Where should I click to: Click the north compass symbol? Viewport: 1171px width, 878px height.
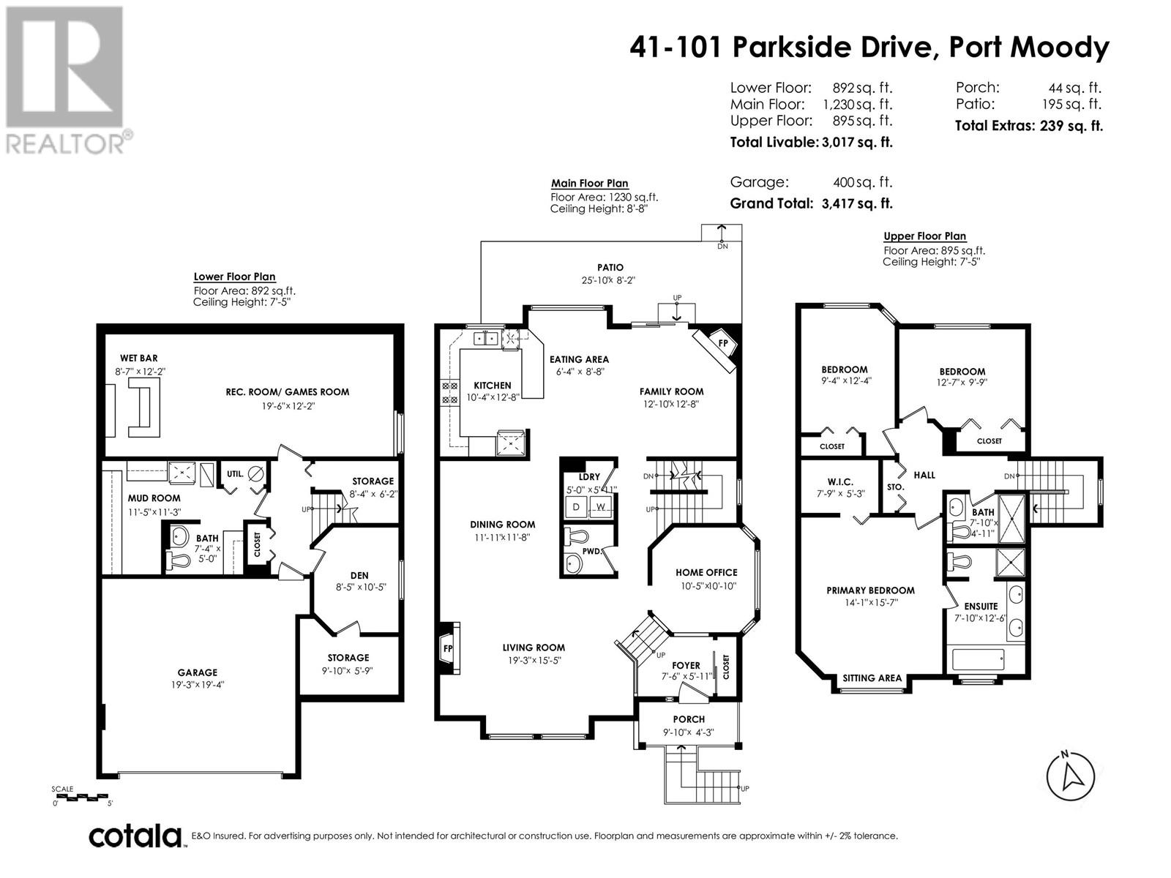coord(1070,776)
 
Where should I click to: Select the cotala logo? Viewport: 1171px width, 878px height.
coord(136,837)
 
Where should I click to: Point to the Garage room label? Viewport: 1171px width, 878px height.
coord(198,672)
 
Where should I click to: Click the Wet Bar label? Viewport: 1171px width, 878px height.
coord(139,359)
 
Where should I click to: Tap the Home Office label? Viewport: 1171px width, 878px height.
coord(706,573)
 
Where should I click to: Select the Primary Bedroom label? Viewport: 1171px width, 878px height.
coord(870,590)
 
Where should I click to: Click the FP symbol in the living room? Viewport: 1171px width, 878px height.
coord(448,648)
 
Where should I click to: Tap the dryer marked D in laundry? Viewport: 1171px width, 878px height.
coord(576,507)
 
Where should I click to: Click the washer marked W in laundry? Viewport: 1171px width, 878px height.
coord(601,507)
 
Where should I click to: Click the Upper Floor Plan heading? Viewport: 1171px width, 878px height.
coord(924,236)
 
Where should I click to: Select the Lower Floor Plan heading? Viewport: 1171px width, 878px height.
coord(234,277)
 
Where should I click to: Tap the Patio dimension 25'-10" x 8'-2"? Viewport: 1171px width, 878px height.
coord(609,280)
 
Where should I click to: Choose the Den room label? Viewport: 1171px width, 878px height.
coord(359,576)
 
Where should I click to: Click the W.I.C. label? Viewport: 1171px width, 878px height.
coord(840,482)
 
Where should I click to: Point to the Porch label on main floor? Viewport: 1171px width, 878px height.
coord(689,720)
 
